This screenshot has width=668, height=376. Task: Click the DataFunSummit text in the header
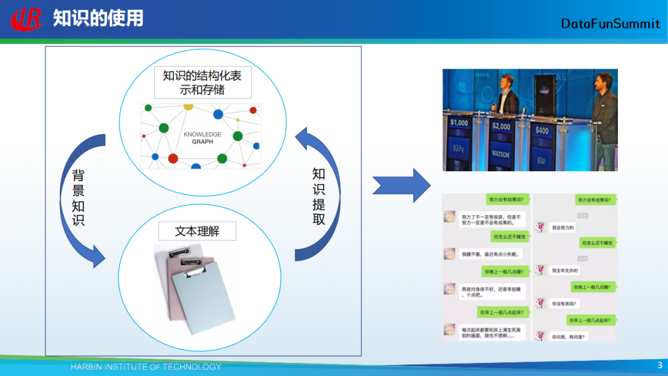[x=610, y=23]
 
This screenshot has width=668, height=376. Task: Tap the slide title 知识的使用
[x=98, y=18]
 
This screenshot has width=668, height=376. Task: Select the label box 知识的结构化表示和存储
[x=203, y=82]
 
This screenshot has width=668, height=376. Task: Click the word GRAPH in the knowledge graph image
[x=202, y=142]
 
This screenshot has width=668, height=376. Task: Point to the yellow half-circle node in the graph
[x=189, y=107]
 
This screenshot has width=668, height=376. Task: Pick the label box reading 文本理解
[x=197, y=231]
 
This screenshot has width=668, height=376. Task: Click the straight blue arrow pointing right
[x=401, y=185]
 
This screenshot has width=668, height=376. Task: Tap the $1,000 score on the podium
[x=459, y=122]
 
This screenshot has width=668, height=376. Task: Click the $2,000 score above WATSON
[x=501, y=126]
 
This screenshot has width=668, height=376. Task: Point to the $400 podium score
[x=542, y=130]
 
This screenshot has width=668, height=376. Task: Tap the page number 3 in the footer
[x=659, y=365]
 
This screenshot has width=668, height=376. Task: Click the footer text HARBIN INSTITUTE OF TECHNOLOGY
[x=145, y=367]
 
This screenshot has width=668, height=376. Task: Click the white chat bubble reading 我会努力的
[x=562, y=228]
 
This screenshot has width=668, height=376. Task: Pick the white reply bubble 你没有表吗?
[x=563, y=304]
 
